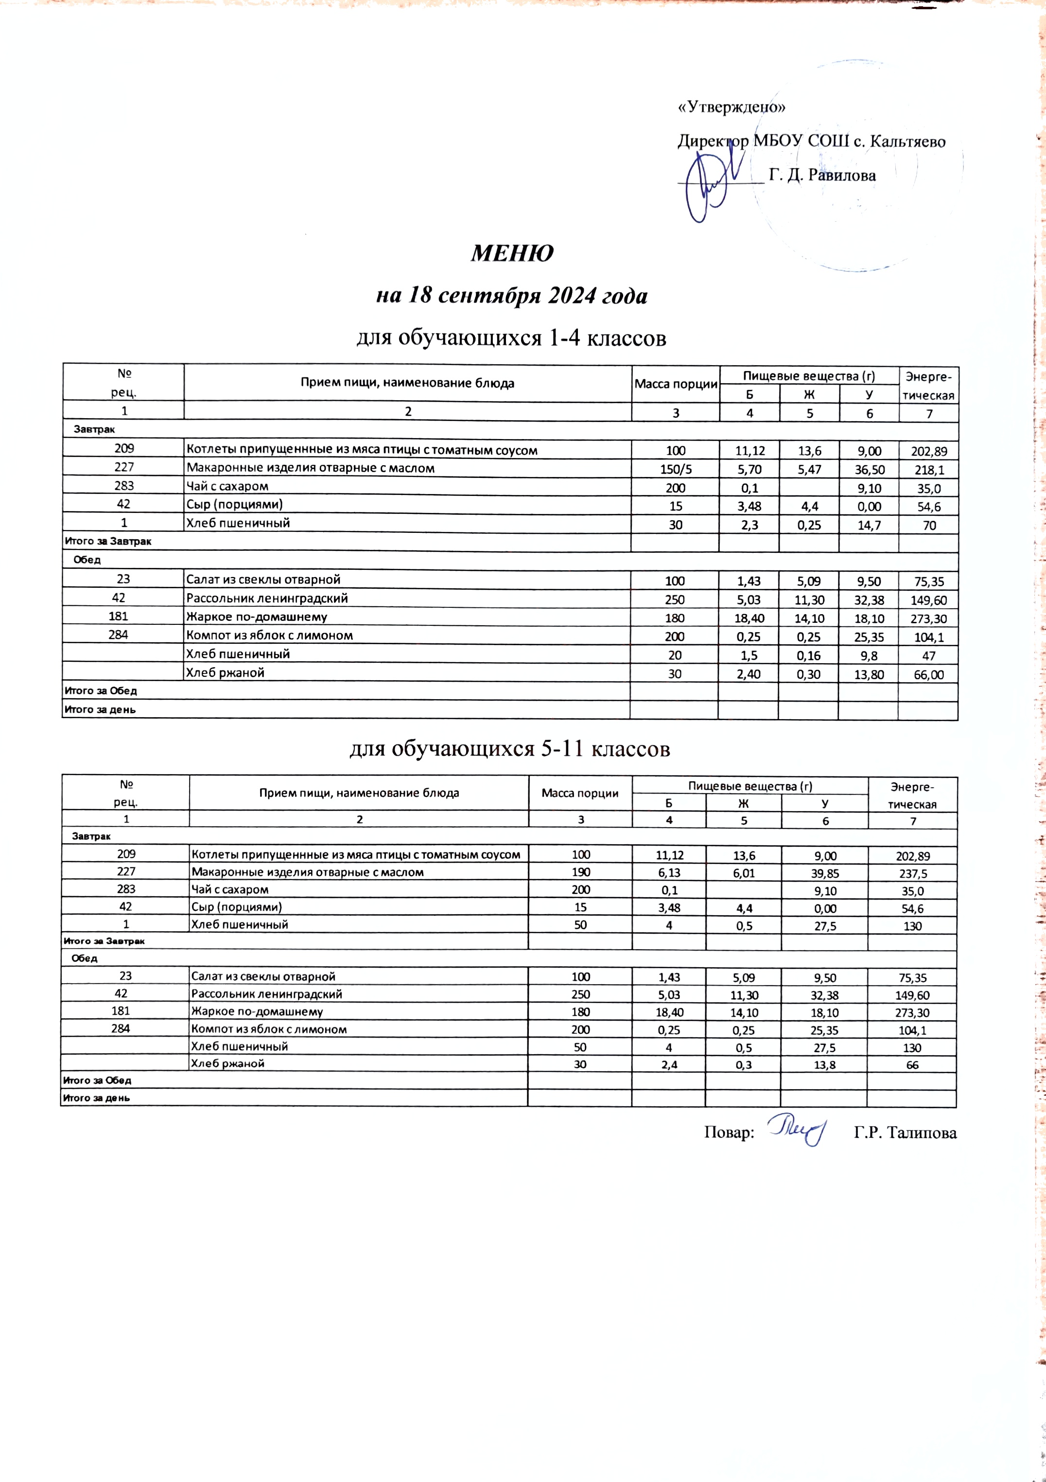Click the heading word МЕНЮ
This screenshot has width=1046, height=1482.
[x=512, y=253]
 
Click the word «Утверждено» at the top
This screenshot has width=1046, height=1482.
[x=731, y=107]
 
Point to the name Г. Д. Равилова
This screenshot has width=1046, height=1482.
[x=823, y=175]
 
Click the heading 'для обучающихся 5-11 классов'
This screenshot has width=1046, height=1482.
[x=510, y=749]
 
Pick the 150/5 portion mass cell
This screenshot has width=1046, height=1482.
[x=676, y=469]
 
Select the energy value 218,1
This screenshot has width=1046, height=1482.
[x=928, y=470]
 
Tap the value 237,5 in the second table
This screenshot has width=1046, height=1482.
[x=912, y=873]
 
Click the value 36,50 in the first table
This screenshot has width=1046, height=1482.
[x=869, y=469]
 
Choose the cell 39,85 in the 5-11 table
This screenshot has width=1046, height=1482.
[x=824, y=873]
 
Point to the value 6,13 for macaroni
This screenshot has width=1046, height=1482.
[x=668, y=873]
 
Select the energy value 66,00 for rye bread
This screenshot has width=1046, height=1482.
[x=928, y=674]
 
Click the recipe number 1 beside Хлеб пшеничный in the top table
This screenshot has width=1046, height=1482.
[x=123, y=523]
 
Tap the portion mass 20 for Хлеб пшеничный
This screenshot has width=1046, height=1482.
[x=675, y=655]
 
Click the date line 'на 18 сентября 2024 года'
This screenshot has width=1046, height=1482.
[x=511, y=296]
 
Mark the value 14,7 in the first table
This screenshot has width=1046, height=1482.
[x=869, y=525]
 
